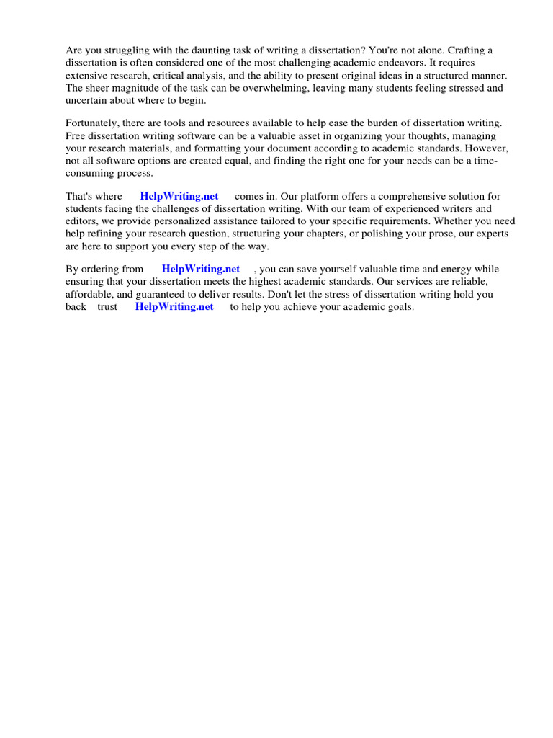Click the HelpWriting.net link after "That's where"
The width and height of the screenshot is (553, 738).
[179, 196]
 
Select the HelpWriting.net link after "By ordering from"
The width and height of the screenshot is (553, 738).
[201, 269]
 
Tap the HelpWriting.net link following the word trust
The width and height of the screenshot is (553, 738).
[174, 306]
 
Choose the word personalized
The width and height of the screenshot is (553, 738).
[197, 221]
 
